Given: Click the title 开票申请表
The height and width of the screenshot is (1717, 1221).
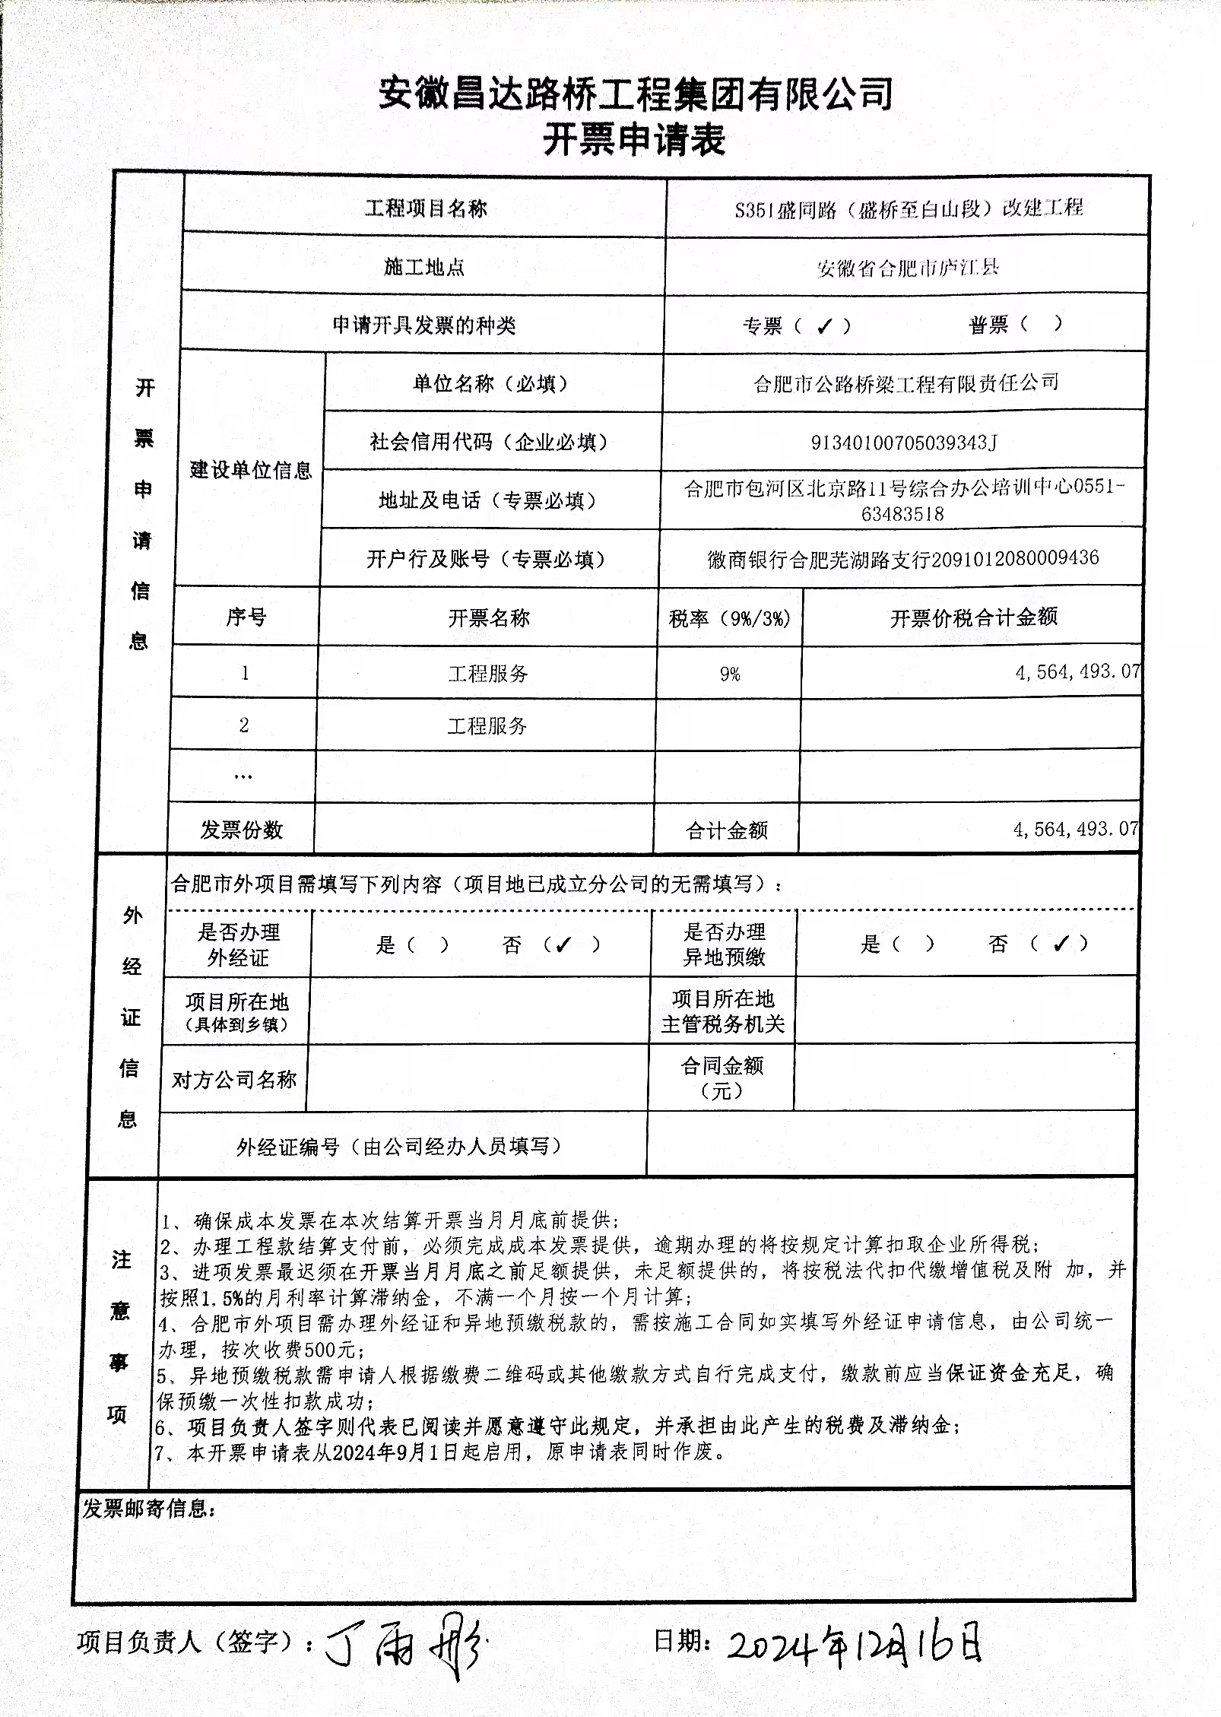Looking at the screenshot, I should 633,140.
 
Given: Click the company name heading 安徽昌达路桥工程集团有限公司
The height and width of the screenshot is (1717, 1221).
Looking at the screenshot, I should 636,94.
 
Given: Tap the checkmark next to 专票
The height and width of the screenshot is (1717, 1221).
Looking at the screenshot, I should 823,326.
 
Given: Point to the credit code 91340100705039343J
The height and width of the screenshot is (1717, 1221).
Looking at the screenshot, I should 903,442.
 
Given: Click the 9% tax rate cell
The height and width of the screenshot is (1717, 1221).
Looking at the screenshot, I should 730,674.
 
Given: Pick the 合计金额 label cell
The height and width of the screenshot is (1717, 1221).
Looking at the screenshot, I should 726,830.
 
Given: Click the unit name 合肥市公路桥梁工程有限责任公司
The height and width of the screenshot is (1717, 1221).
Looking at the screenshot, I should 905,383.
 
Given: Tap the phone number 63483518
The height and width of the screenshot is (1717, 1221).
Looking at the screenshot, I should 902,514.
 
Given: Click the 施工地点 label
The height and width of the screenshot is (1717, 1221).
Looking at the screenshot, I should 424,267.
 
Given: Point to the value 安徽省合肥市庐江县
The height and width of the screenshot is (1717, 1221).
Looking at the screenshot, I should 907,268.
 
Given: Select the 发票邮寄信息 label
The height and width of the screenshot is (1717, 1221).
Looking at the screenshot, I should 149,1508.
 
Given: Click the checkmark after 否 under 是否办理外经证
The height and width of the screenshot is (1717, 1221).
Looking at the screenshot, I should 563,945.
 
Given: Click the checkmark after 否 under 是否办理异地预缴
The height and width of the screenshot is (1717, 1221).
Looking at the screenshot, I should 1061,944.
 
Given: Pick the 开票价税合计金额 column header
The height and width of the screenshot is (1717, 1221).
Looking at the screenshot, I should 973,617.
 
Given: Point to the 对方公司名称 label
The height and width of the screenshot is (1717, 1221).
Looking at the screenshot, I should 234,1079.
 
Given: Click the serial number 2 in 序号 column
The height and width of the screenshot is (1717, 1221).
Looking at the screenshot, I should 243,725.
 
